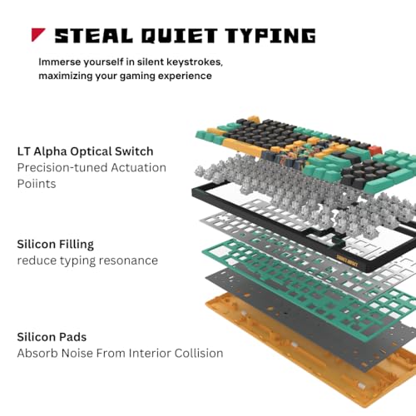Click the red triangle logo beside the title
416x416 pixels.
point(37,34)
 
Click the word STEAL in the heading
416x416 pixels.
point(94,36)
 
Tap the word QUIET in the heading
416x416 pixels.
point(179,36)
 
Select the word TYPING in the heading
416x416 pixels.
point(270,36)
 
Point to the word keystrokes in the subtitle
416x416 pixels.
point(195,62)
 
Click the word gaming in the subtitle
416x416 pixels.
point(137,76)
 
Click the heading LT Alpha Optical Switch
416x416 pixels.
point(85,151)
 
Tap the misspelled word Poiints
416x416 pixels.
point(37,184)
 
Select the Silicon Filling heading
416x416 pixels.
point(56,245)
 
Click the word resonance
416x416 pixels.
point(128,260)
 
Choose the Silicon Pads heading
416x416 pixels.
point(52,337)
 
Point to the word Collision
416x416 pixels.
point(199,353)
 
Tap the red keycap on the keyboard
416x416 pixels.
point(375,151)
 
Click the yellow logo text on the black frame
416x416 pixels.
point(347,260)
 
